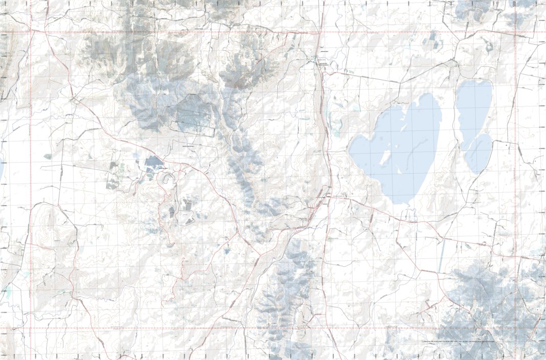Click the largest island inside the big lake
point(385,156)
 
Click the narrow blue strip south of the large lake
point(441,256)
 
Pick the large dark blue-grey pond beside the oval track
point(153,163)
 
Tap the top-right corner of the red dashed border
point(515,32)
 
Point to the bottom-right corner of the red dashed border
point(515,328)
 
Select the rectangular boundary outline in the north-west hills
point(194,114)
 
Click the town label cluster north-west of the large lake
point(322,64)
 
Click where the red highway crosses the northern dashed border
point(320,32)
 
